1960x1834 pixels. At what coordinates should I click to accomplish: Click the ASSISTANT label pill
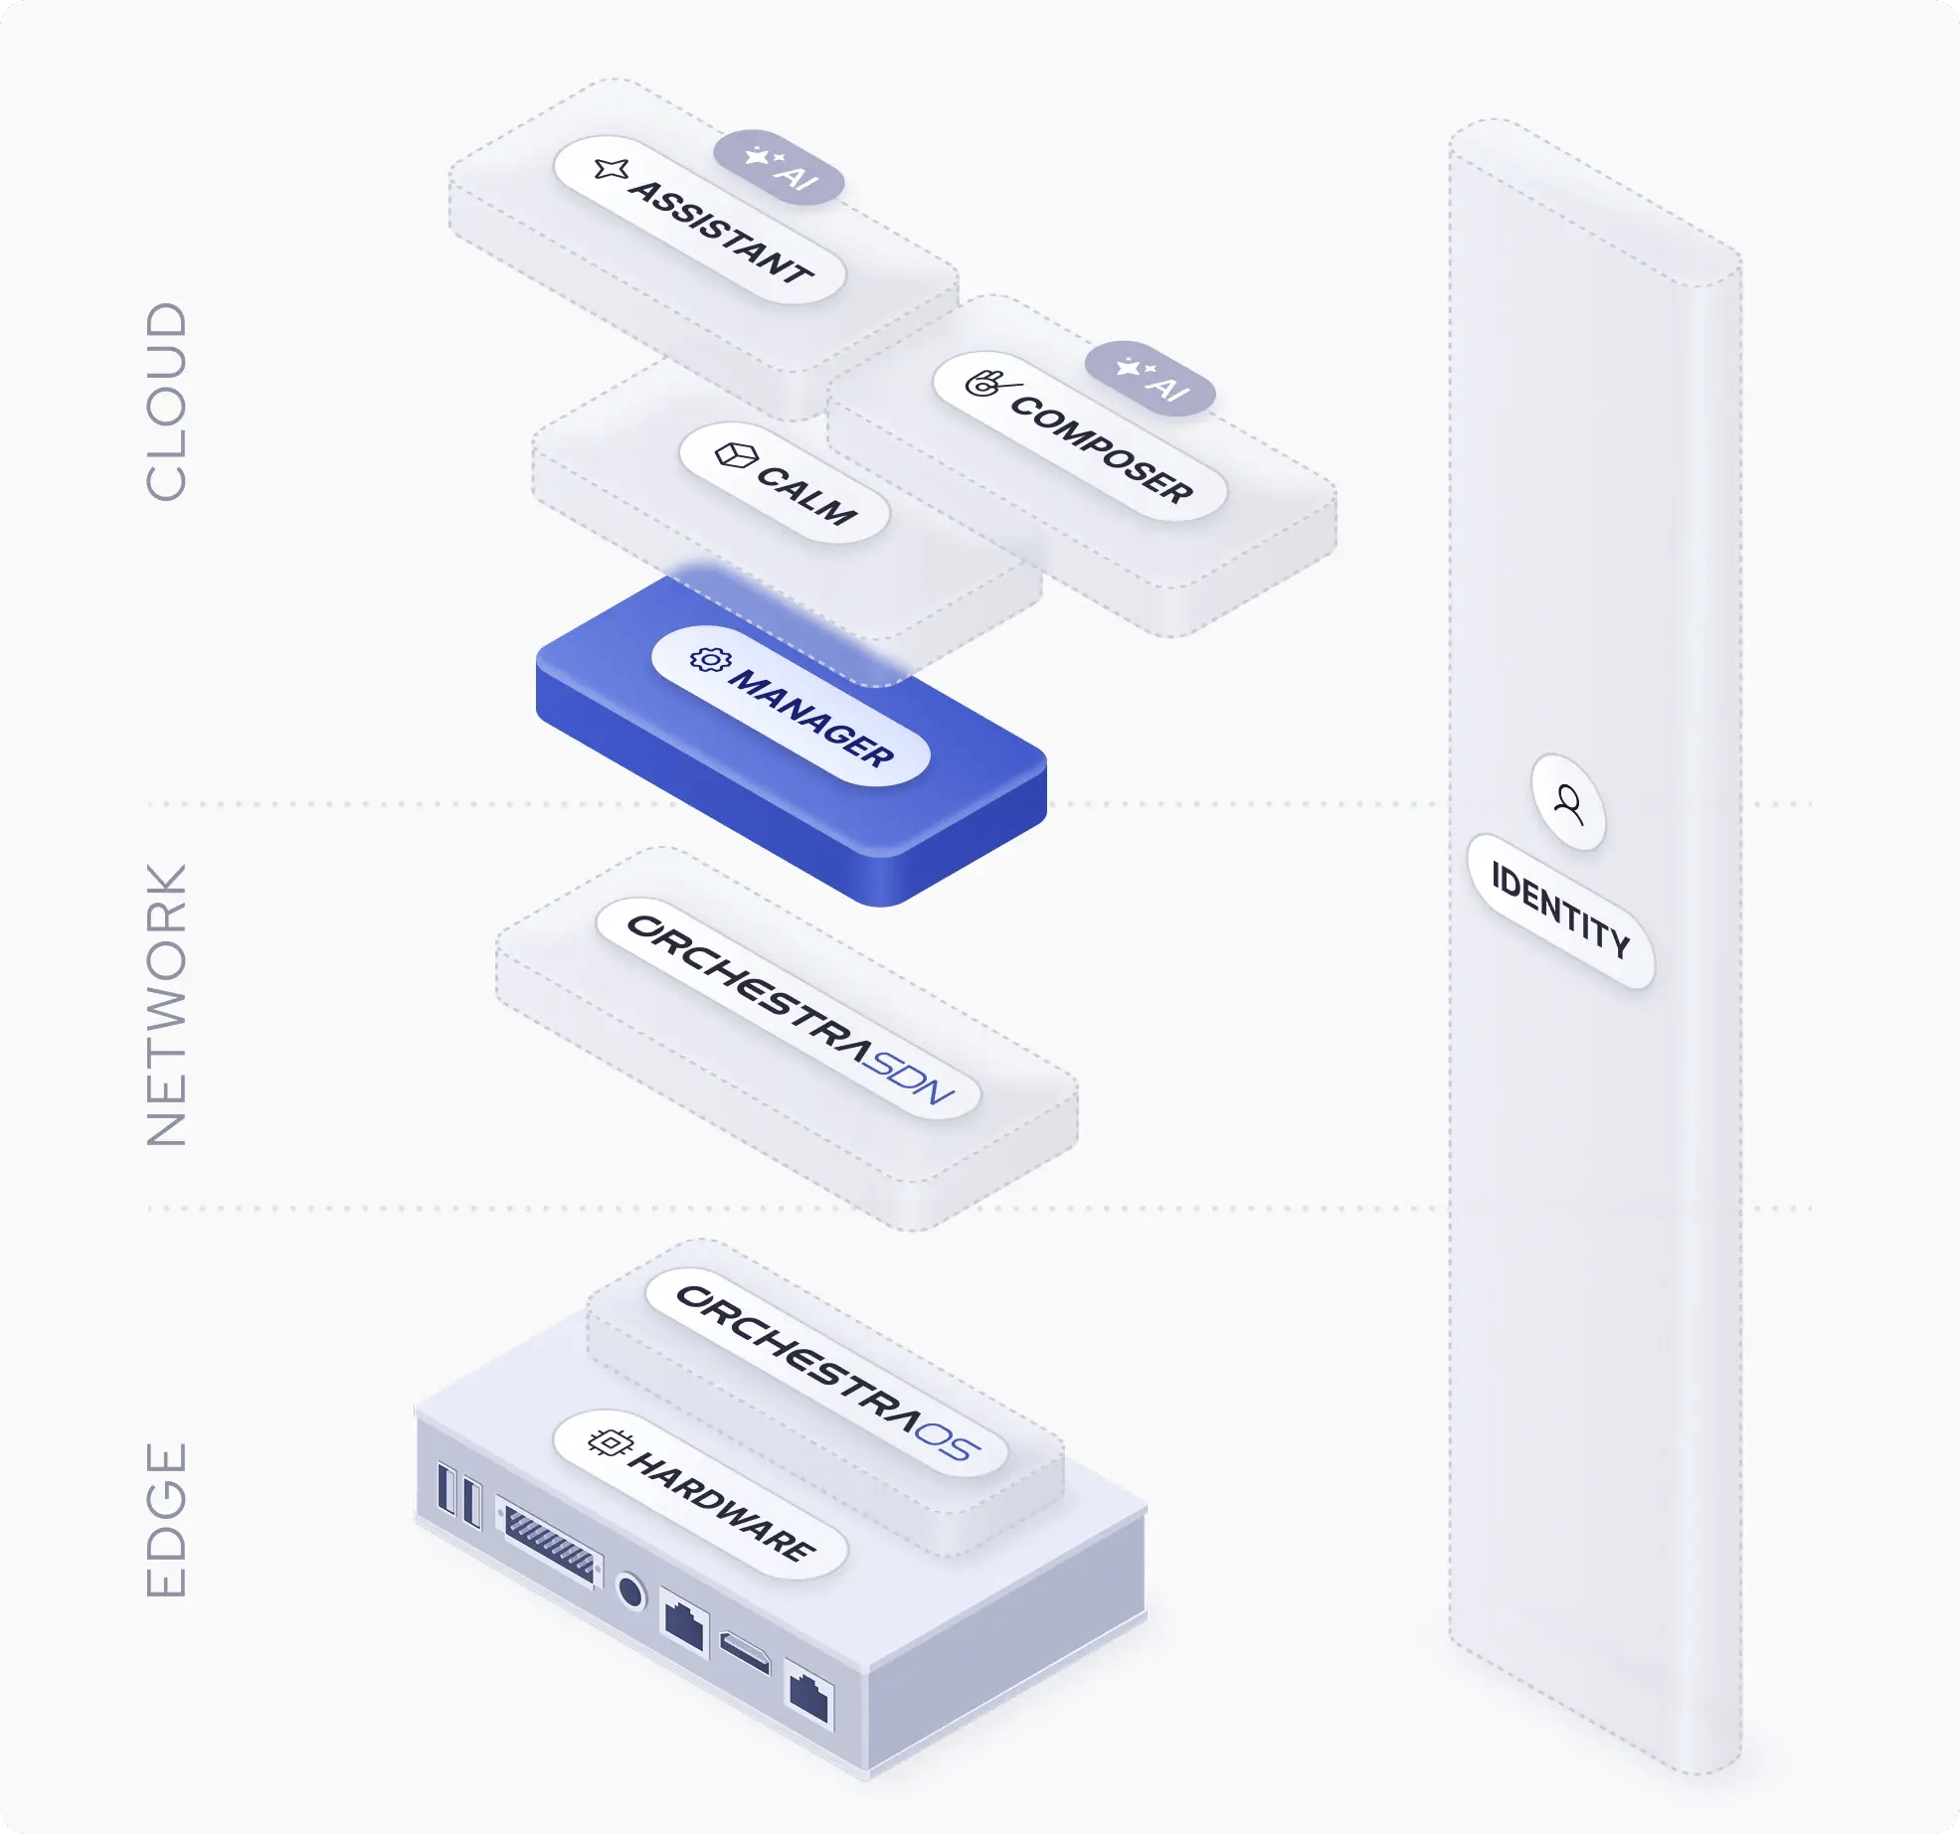tap(700, 220)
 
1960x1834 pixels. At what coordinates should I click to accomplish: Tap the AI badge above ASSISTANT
tap(779, 167)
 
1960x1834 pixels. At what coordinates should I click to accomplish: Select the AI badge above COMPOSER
tap(1150, 378)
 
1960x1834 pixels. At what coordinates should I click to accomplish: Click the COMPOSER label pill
tap(1080, 435)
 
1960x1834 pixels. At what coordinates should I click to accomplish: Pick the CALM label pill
tap(784, 483)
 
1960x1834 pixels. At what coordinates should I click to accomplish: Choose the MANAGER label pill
tap(791, 706)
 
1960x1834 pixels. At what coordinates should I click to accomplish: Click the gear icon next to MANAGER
tap(710, 659)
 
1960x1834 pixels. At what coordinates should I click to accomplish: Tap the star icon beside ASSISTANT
tap(611, 169)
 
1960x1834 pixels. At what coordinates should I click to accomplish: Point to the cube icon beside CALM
tap(737, 455)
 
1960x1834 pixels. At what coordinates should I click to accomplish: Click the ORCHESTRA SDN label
tap(789, 1009)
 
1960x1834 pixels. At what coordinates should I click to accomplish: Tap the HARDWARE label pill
tap(700, 1494)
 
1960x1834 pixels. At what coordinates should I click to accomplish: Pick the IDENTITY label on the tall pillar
tap(1560, 911)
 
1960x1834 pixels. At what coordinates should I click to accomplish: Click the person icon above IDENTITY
tap(1569, 802)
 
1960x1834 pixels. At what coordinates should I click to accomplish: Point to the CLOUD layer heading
tap(166, 401)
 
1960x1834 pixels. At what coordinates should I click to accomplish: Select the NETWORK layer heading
tap(166, 1004)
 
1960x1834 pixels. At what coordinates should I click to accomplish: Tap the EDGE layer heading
tap(166, 1519)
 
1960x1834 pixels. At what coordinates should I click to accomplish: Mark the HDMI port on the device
tap(745, 1652)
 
